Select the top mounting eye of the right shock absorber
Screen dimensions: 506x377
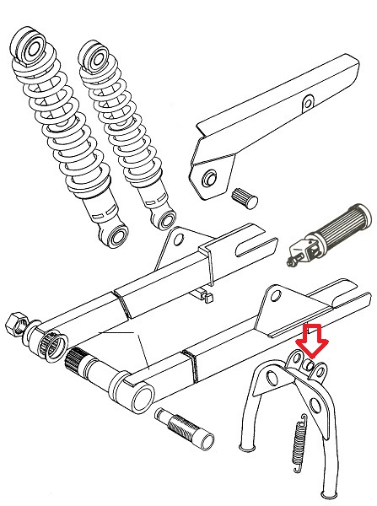(x=95, y=56)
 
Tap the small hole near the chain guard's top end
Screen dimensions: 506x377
(x=309, y=104)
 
